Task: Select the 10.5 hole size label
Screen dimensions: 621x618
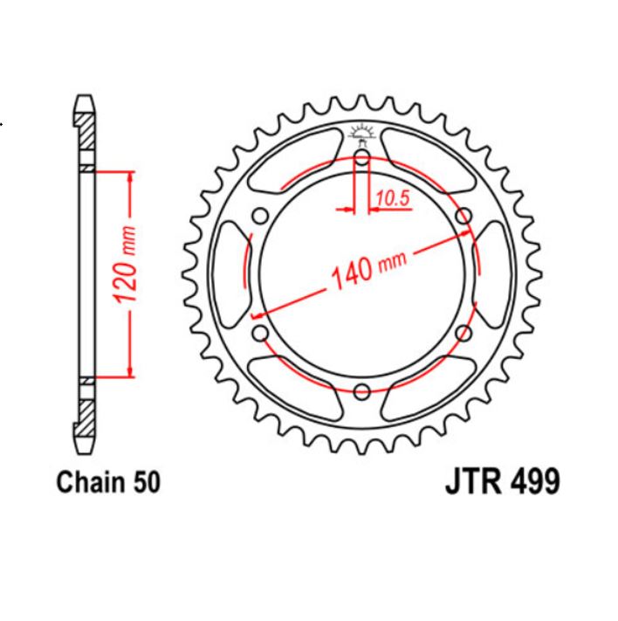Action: point(393,199)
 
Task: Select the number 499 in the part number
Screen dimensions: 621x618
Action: point(530,483)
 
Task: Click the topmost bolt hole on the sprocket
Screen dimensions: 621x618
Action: point(362,158)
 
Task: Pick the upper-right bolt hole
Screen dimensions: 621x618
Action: point(463,216)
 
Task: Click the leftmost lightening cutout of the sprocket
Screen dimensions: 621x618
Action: point(229,273)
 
